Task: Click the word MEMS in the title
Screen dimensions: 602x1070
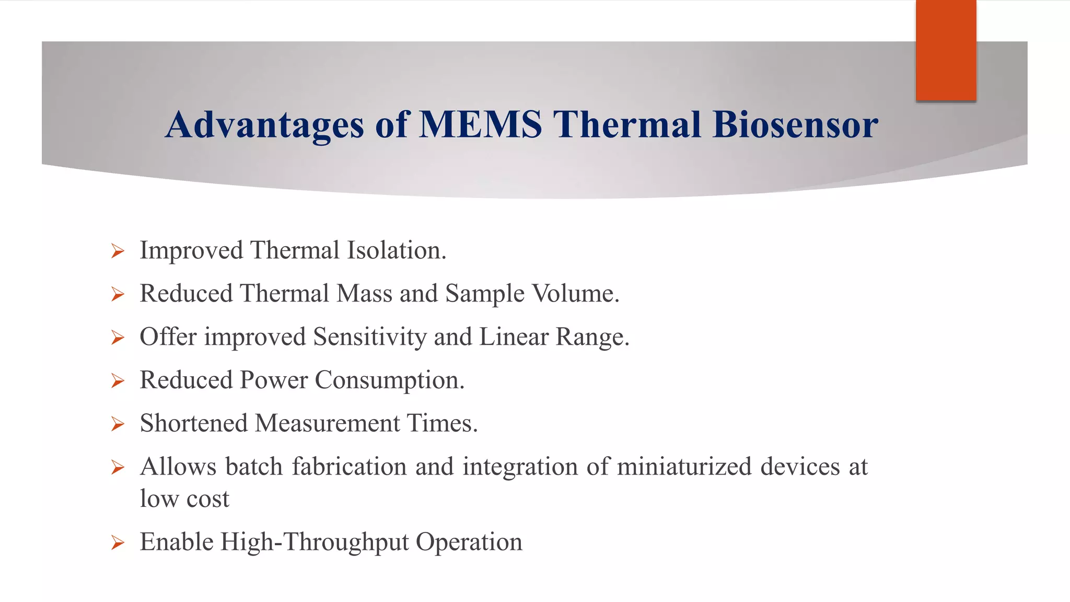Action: [481, 125]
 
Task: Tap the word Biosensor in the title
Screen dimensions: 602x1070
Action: [795, 125]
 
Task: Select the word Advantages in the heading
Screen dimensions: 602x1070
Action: [264, 125]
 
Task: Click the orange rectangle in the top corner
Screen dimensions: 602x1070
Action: [946, 50]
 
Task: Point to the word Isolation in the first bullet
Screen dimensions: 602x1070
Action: [397, 250]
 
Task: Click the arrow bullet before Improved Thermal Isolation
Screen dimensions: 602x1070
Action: [118, 251]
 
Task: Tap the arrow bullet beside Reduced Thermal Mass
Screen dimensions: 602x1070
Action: [118, 295]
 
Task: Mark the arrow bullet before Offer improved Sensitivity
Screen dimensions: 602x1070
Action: [118, 338]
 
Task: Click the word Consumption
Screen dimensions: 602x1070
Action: [389, 380]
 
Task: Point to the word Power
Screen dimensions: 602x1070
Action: [273, 380]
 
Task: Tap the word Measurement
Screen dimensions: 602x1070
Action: [327, 423]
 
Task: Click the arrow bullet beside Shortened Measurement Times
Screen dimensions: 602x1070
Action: [118, 424]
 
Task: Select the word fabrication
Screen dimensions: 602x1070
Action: [349, 466]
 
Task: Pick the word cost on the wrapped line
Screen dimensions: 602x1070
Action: [207, 499]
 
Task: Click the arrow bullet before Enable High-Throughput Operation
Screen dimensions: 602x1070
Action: [118, 543]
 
